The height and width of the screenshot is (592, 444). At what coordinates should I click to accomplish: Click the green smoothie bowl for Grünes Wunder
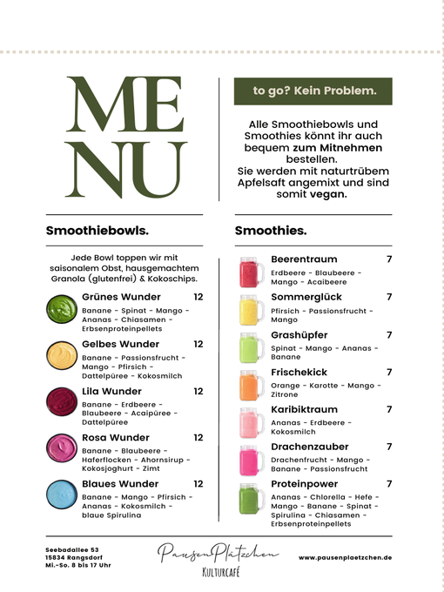tap(61, 307)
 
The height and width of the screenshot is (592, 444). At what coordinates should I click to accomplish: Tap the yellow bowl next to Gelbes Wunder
tap(61, 354)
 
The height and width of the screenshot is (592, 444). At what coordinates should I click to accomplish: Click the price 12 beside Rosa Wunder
tap(198, 437)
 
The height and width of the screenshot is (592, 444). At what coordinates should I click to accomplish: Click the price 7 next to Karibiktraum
tap(389, 409)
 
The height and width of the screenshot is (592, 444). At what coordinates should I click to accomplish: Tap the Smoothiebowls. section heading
tap(97, 231)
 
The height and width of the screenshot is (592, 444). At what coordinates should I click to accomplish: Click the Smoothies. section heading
tap(271, 231)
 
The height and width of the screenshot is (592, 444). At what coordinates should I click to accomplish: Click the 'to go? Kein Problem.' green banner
tap(313, 90)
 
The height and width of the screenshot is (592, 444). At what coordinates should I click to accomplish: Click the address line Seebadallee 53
tap(73, 549)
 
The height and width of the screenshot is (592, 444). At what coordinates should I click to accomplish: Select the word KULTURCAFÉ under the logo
tap(219, 572)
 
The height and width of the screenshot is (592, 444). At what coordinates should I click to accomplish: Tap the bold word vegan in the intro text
tap(327, 195)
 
